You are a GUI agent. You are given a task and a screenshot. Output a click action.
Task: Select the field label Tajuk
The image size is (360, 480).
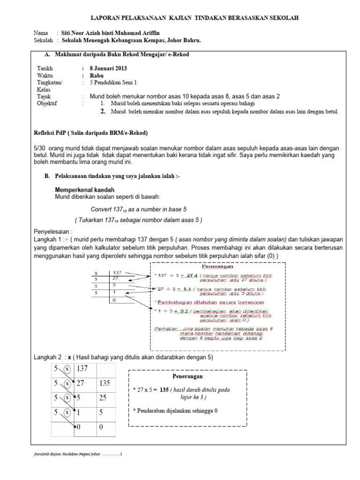pyautogui.click(x=44, y=96)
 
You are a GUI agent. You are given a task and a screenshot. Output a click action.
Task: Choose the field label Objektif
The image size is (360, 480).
pyautogui.click(x=47, y=103)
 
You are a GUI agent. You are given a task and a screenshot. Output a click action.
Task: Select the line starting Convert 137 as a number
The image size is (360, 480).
pyautogui.click(x=138, y=210)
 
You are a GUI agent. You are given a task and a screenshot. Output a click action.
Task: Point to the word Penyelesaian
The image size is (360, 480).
pyautogui.click(x=53, y=231)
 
